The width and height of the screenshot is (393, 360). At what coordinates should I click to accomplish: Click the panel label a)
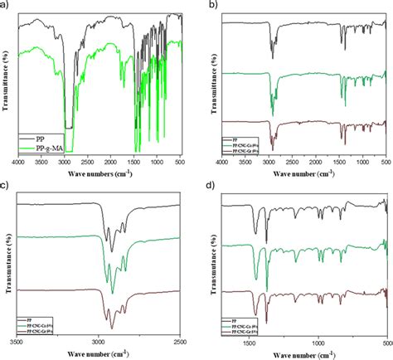coord(6,6)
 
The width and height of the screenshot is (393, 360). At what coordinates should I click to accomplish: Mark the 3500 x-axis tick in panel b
coord(245,163)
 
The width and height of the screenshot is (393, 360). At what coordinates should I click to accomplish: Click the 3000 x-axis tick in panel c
coord(98,342)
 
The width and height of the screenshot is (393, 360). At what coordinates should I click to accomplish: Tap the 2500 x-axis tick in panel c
coord(180,342)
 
